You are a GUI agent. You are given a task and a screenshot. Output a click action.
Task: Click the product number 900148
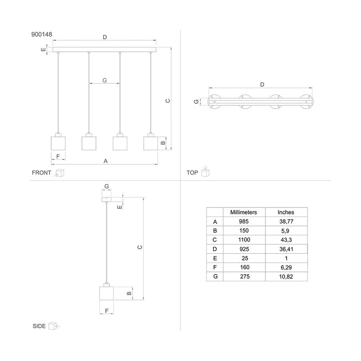tap(42, 35)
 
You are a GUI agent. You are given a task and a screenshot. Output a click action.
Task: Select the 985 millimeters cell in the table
tap(243, 221)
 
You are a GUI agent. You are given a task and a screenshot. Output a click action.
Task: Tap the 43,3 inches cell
tap(286, 240)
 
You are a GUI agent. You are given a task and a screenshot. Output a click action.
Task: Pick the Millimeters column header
tap(243, 212)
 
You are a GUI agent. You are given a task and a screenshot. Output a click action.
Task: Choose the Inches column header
tap(286, 212)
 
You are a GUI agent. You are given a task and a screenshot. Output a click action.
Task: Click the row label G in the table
tap(215, 276)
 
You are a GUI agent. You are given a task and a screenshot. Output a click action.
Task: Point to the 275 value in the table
tap(245, 276)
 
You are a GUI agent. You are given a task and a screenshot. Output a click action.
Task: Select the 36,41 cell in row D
tap(286, 249)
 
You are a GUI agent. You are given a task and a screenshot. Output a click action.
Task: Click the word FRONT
tap(41, 173)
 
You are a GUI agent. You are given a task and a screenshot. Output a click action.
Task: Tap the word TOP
tap(192, 173)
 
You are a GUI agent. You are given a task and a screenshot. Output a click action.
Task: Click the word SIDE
tap(39, 326)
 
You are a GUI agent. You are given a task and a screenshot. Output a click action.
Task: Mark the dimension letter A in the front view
tap(105, 161)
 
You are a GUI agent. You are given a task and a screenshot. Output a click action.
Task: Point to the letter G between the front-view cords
tap(105, 80)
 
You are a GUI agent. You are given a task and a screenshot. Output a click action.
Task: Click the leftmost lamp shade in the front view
tap(58, 143)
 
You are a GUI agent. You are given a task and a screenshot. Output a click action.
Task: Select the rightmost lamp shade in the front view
tap(151, 143)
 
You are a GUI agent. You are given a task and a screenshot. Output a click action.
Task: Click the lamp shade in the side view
tap(106, 293)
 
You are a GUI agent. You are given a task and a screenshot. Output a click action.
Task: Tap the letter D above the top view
tap(262, 85)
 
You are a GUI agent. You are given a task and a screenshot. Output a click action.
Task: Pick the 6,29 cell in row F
tap(286, 268)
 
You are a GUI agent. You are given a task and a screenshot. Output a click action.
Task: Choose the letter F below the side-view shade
tap(107, 311)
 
